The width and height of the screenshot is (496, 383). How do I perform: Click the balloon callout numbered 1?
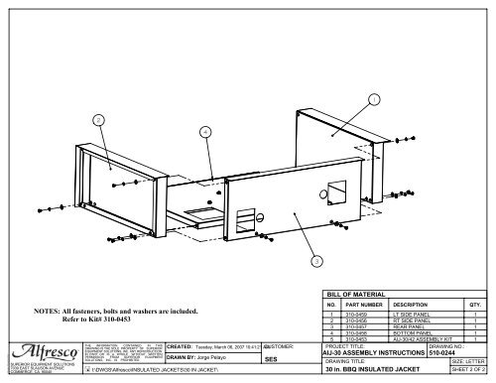coord(372,99)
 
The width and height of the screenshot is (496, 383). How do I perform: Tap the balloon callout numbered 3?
coord(314,261)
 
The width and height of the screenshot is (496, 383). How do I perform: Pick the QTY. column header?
coord(474,305)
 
